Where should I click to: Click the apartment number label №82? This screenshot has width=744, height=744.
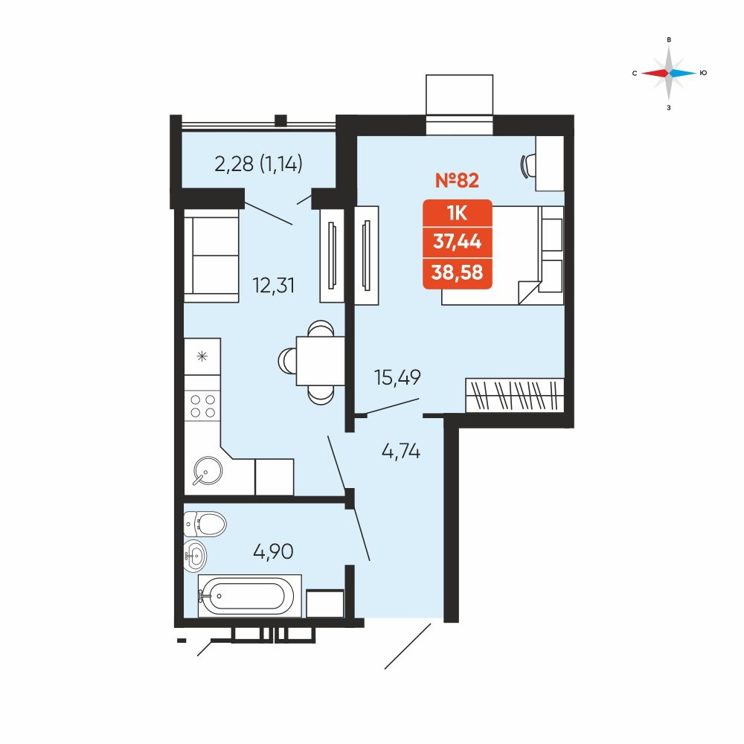pos(457,180)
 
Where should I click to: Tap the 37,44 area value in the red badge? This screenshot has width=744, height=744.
pos(457,242)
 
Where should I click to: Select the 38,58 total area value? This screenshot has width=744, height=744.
pos(457,272)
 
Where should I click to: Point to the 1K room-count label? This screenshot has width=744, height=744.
pos(457,214)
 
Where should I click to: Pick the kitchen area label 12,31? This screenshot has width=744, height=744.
pos(274,286)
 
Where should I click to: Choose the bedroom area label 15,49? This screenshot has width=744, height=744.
pos(397,378)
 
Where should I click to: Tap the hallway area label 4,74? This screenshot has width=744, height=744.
pos(401,451)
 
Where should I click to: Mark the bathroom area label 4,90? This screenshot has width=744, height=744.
pos(273,551)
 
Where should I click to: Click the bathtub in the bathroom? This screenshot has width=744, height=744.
pos(249,596)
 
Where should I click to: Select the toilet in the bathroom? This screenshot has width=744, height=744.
pos(205,525)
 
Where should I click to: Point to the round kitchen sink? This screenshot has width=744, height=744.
pos(208,471)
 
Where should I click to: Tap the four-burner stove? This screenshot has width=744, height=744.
pos(202,406)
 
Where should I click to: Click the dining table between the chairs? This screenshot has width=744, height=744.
pos(321,361)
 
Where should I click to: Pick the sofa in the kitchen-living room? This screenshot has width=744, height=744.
pos(211,255)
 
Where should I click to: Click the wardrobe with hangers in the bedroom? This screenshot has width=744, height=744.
pos(515,395)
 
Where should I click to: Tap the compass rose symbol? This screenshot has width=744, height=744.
pos(669,73)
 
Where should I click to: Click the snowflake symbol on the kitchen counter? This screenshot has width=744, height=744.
pos(202,356)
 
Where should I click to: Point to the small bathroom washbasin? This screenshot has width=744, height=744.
pos(195,554)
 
